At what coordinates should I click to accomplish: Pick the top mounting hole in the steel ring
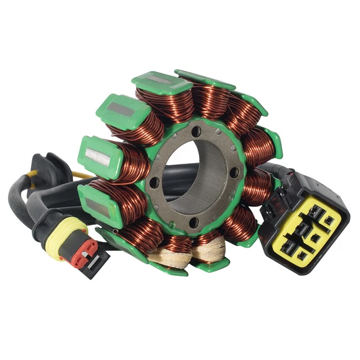click(196, 133)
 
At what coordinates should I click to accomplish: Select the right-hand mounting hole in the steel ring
click(235, 172)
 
